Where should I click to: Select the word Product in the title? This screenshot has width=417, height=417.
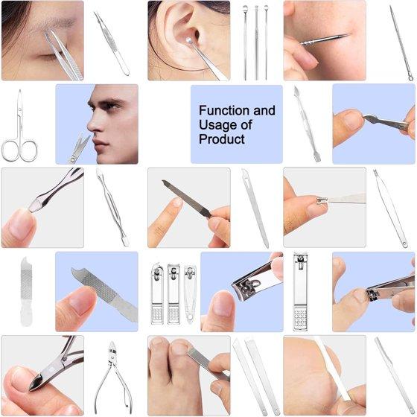pos(222,139)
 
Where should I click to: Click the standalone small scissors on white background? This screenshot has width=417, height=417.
pos(19,127)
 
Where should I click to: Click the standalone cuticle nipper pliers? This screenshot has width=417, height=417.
pos(113,378)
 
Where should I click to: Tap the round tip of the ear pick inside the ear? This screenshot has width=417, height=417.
pos(189,40)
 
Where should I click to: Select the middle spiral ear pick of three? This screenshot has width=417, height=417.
pos(256,42)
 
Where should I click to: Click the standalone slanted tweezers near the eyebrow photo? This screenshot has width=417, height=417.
pos(112,44)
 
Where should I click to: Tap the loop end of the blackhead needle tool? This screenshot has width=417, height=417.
pos(410,78)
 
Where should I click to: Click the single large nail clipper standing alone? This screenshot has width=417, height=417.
pos(301,292)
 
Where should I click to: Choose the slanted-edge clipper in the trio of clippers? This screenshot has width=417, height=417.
pos(190,293)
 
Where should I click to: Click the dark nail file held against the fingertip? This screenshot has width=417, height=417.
pos(187,198)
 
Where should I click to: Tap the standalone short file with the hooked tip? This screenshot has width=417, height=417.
pos(26,291)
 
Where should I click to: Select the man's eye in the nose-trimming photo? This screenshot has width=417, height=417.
pos(108,106)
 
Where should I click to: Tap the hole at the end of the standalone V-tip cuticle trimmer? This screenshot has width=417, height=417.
pos(404,244)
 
